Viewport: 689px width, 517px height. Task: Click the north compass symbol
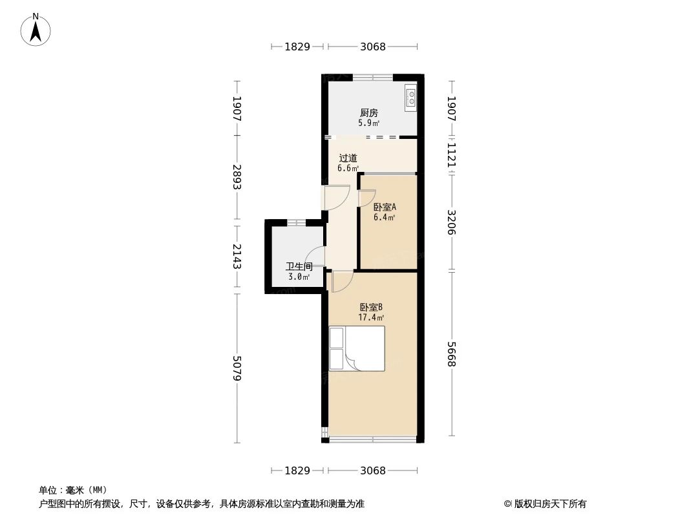[36, 29]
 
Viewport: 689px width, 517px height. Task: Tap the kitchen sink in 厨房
[410, 96]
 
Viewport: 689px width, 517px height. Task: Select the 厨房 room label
[368, 113]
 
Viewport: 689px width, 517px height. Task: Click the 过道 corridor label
[348, 158]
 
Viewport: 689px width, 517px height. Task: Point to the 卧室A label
[385, 207]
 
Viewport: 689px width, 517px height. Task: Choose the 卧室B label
[372, 308]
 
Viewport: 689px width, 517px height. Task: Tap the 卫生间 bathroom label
[299, 266]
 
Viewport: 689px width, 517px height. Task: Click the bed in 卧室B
[357, 348]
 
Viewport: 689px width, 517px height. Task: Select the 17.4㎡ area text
[372, 318]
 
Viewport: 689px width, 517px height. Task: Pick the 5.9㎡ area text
[368, 123]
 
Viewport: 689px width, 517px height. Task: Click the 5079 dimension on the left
[237, 368]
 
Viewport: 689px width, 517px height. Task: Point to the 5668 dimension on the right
[452, 354]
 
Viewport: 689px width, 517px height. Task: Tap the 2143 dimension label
[237, 257]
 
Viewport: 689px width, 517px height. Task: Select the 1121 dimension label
[452, 155]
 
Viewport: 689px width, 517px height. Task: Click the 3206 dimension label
[452, 222]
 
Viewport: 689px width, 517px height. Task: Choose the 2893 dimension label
[237, 176]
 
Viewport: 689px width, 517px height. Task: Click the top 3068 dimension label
[373, 47]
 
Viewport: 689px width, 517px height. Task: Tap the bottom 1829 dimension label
[297, 470]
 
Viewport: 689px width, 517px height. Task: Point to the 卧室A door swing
[366, 198]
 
